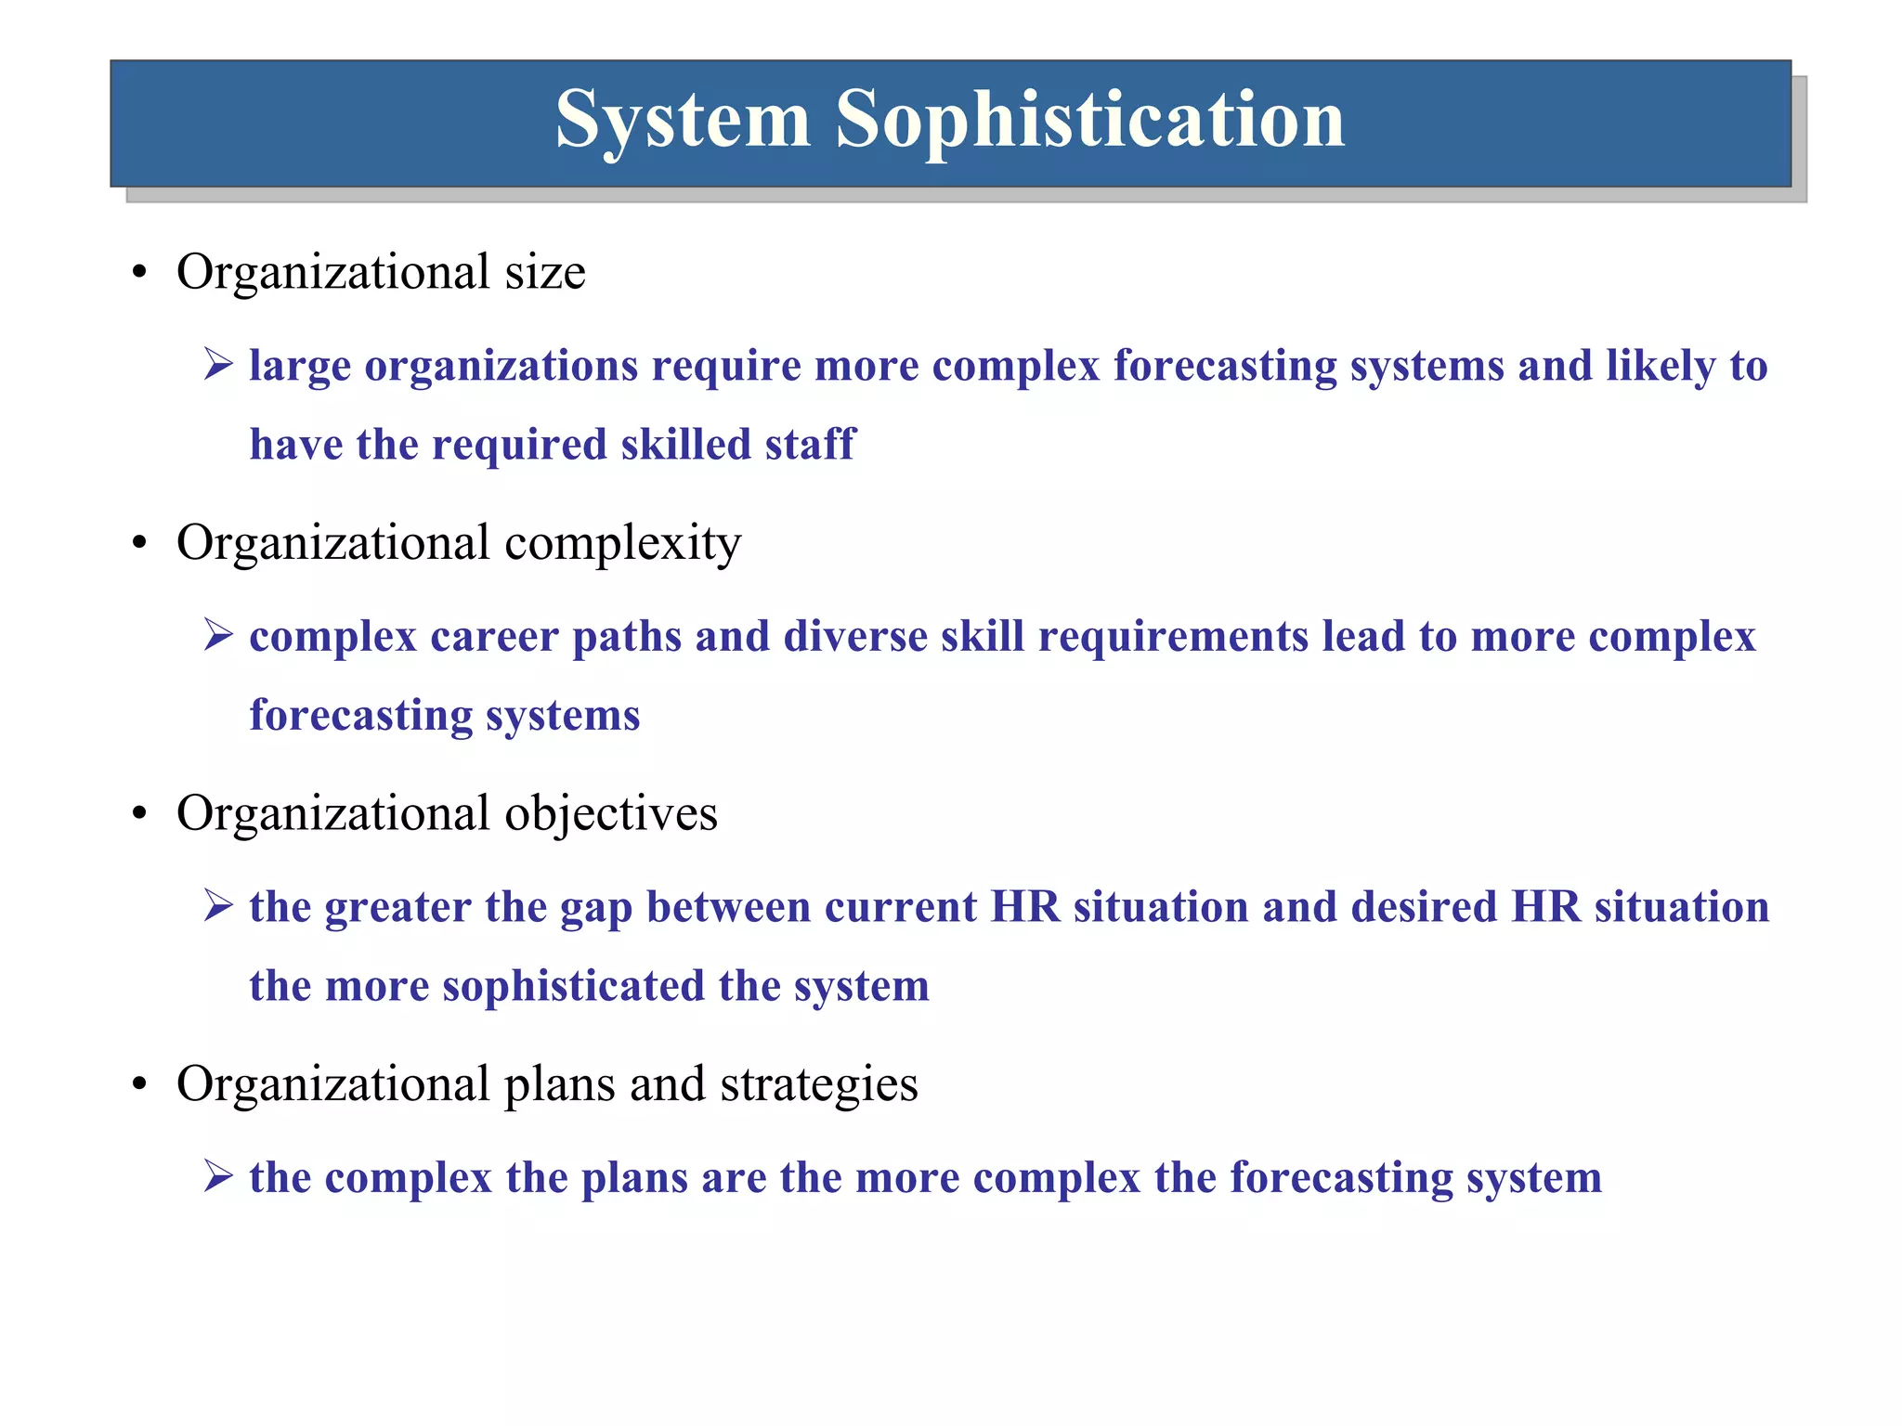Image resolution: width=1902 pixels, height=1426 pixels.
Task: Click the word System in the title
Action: coord(683,121)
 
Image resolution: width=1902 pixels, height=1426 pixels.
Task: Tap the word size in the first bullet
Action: coord(545,273)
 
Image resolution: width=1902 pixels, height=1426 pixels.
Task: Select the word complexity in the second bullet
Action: coord(622,544)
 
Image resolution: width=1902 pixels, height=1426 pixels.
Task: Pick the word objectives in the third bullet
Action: coord(610,814)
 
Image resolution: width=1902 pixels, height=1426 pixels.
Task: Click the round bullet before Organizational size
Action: coord(140,274)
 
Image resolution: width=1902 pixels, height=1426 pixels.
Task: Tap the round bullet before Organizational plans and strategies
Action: coord(140,1085)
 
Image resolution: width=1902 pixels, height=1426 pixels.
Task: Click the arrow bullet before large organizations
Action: coord(218,364)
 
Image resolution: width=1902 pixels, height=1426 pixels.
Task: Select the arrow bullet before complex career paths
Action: coord(218,635)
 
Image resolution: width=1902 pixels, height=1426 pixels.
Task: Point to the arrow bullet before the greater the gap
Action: coord(218,905)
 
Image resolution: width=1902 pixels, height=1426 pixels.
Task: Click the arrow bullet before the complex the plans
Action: coord(218,1176)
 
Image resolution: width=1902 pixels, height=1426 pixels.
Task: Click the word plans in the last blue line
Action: coord(633,1179)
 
